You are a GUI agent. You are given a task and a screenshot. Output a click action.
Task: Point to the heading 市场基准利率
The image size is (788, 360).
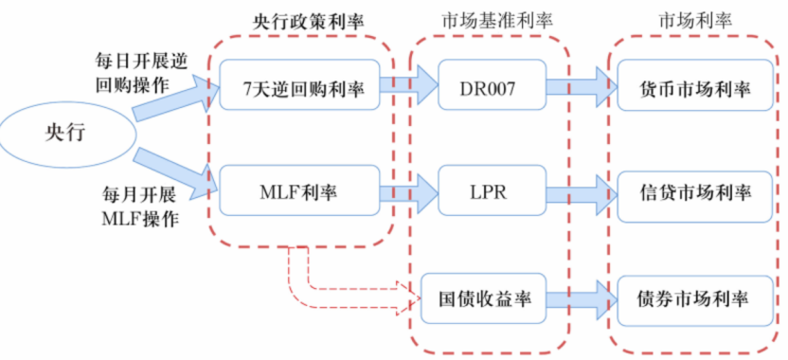(491, 21)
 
